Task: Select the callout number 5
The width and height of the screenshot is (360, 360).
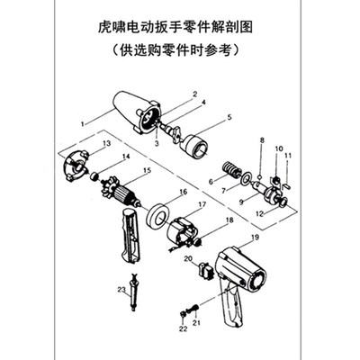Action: (x=229, y=117)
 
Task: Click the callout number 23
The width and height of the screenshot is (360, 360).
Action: (x=120, y=289)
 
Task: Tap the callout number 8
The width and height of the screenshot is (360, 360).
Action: (x=262, y=141)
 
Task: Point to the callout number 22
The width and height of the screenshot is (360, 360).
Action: (x=181, y=329)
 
